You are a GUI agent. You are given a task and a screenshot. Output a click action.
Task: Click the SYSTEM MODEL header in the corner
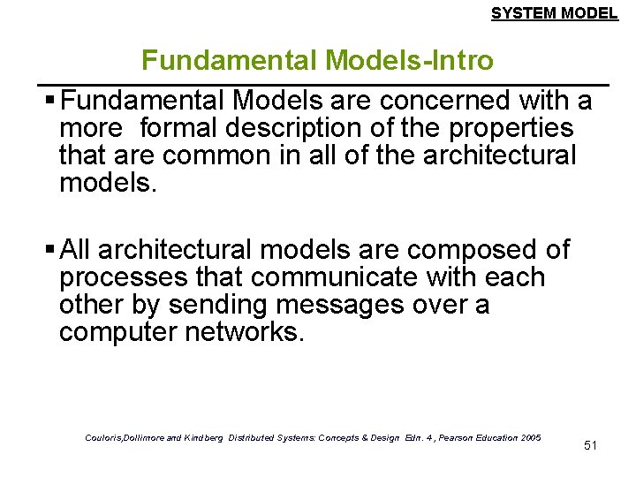554,13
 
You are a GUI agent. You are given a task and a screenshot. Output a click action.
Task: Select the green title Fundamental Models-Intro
318,60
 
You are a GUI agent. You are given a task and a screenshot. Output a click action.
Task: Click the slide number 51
591,445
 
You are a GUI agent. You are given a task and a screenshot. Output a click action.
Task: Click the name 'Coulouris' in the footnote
106,437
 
